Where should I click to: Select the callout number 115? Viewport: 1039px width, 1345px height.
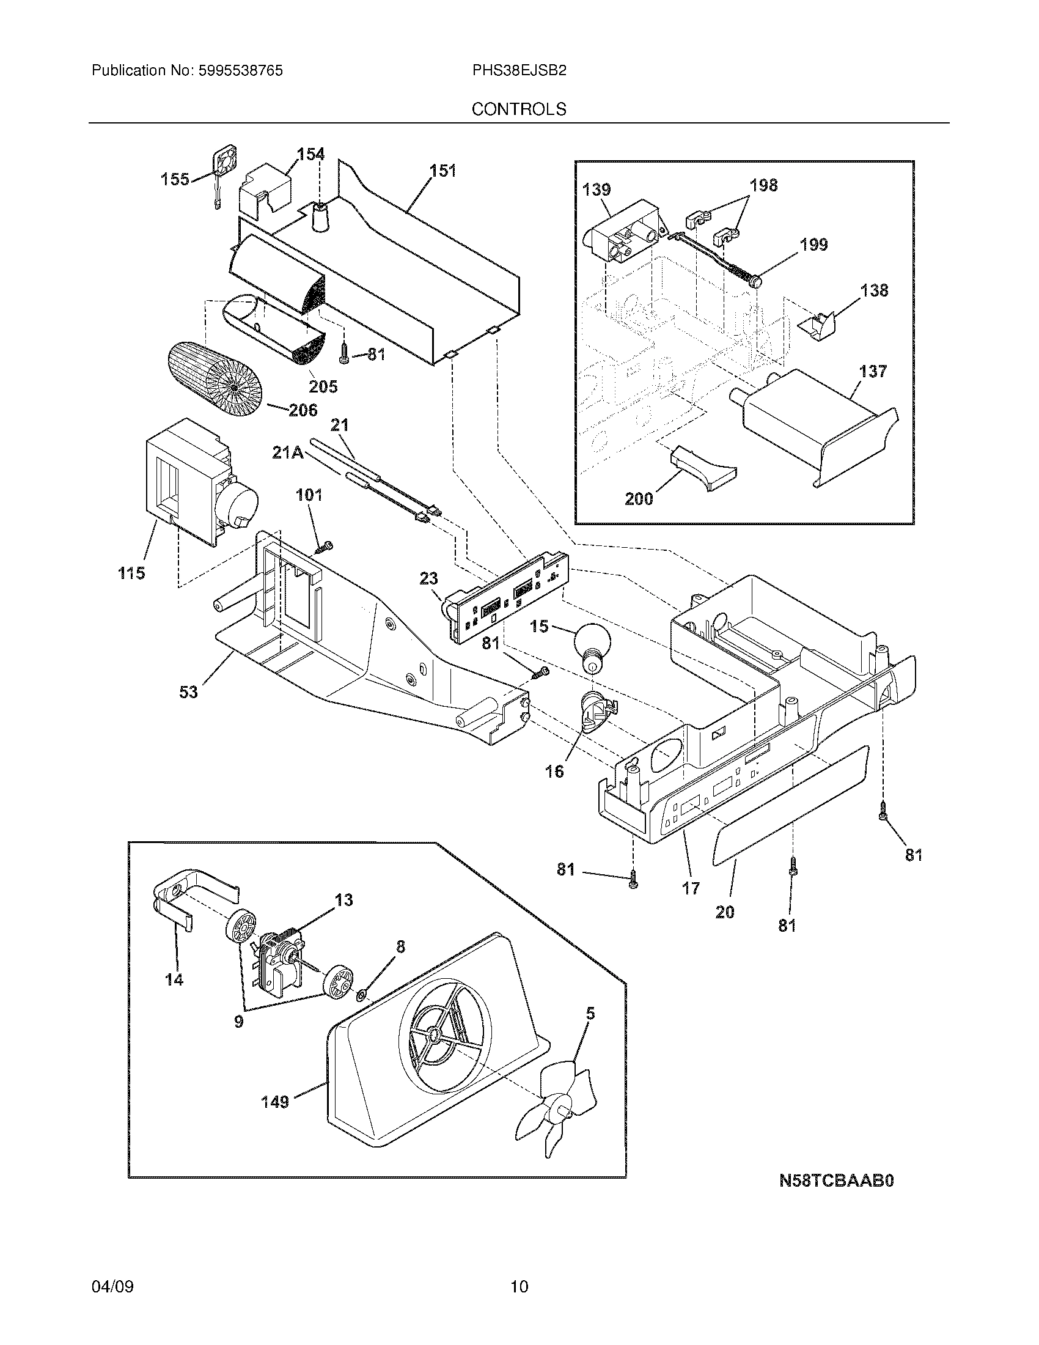pos(131,573)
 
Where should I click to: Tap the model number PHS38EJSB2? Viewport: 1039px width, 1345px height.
pos(519,71)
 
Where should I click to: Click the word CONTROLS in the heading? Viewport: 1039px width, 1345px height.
pos(519,109)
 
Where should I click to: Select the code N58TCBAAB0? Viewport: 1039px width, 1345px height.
pos(836,1181)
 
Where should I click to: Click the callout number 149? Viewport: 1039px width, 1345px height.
pos(275,1102)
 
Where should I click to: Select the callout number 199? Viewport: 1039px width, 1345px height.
pos(813,245)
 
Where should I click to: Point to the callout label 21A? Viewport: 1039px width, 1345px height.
pos(287,452)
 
